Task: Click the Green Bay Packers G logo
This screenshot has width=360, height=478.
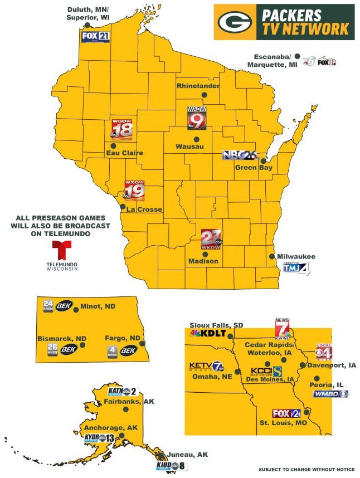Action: (x=234, y=22)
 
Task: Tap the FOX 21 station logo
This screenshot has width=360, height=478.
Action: (x=95, y=37)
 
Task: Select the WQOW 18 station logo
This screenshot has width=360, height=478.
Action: (x=122, y=129)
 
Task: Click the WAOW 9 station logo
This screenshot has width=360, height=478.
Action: (x=197, y=118)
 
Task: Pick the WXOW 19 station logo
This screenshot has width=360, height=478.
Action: (x=134, y=191)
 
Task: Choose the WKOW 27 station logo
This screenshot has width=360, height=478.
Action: (x=211, y=239)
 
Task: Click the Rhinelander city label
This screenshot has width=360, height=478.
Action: (x=198, y=86)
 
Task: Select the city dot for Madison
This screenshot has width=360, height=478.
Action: (x=205, y=253)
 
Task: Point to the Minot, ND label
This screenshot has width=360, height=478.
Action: (x=98, y=306)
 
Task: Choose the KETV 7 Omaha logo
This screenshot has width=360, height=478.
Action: (x=207, y=367)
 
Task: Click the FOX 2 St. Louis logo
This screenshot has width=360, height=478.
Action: (x=286, y=413)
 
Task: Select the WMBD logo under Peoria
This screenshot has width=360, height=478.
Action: (x=330, y=394)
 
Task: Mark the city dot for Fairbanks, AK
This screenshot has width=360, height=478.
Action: (x=127, y=409)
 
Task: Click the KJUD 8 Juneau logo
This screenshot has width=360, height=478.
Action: (x=171, y=465)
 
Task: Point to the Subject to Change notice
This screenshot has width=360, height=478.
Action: (x=307, y=469)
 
